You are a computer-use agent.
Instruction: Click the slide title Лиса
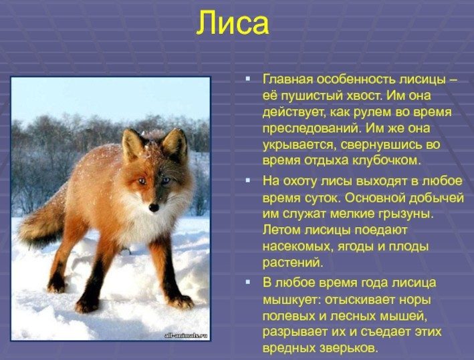tap(233, 23)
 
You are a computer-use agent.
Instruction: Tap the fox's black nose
tap(154, 208)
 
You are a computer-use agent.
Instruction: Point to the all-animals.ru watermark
tap(186, 335)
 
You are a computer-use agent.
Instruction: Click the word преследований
tap(312, 129)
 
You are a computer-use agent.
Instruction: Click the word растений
tap(293, 262)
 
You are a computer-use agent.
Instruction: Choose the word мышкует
tap(290, 300)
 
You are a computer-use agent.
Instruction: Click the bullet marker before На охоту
tap(248, 180)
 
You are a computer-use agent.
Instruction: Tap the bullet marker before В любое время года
tap(248, 282)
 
